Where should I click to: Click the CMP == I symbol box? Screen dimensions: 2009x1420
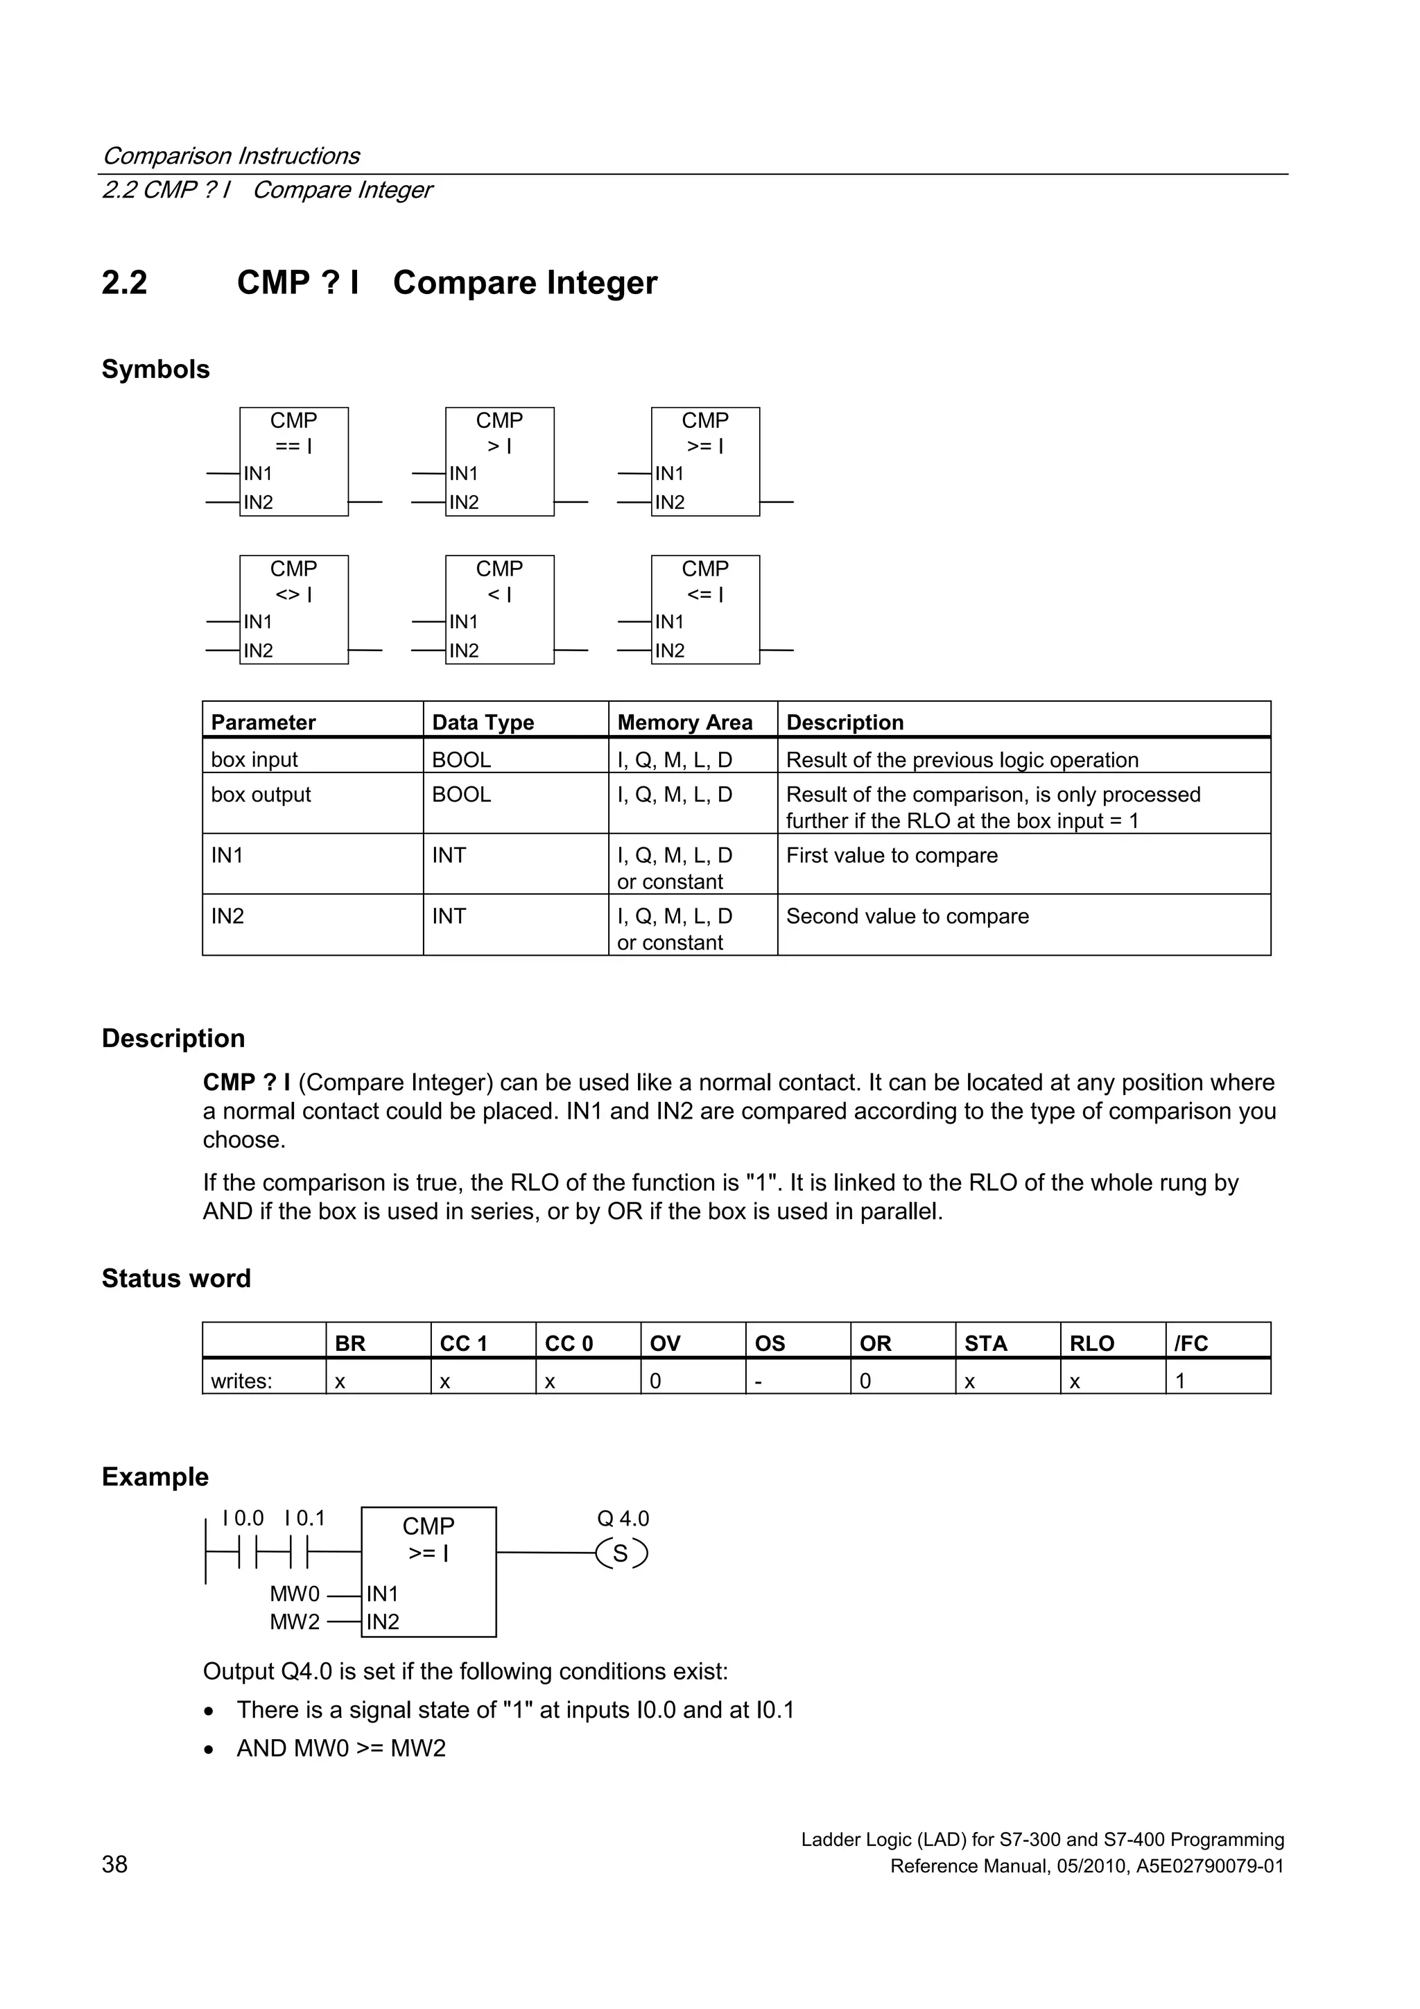coord(294,461)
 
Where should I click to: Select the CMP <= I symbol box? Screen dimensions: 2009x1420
coord(705,609)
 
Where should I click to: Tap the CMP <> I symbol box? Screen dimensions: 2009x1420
coord(294,609)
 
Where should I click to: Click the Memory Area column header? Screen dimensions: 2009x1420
coord(684,722)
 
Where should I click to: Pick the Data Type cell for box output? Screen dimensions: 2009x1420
coord(461,795)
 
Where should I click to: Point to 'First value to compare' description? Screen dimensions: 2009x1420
coord(892,855)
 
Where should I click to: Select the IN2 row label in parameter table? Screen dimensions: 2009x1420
coord(227,916)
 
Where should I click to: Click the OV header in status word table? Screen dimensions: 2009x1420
coord(665,1343)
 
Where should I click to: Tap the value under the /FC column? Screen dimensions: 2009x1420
coord(1179,1381)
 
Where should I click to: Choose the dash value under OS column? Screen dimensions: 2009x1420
coord(759,1381)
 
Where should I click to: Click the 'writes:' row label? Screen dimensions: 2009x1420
coord(241,1381)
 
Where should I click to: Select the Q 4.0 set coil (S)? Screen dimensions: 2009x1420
coord(621,1553)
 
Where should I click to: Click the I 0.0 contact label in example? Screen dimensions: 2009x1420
coord(243,1518)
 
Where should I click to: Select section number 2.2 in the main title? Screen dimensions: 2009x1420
coord(124,283)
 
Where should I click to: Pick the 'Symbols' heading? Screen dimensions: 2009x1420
coord(156,369)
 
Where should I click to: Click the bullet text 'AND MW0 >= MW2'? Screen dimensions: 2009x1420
coord(341,1748)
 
